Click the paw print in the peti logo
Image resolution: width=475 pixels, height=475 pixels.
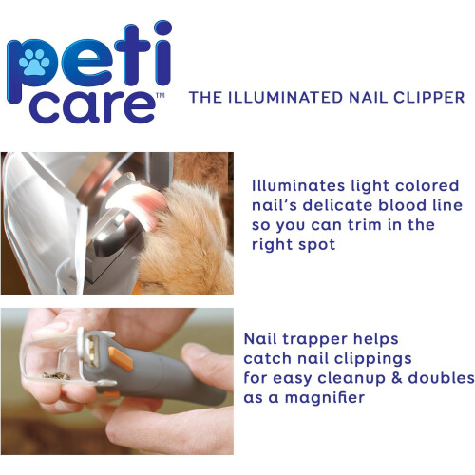(x=34, y=62)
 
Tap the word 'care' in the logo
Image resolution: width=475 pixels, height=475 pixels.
(x=93, y=106)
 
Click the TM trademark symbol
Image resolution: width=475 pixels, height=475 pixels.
(x=161, y=95)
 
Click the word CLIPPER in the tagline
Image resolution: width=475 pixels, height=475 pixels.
(x=429, y=98)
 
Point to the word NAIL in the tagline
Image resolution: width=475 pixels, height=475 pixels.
(x=369, y=98)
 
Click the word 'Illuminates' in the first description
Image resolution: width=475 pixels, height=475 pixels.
(x=298, y=185)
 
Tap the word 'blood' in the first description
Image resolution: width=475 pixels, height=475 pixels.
(x=402, y=205)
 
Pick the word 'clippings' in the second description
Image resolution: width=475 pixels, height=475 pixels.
(x=373, y=359)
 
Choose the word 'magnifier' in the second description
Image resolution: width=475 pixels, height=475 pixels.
(x=325, y=398)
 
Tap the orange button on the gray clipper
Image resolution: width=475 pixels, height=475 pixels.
(x=121, y=358)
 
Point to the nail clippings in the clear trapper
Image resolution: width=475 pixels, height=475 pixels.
(x=56, y=376)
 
